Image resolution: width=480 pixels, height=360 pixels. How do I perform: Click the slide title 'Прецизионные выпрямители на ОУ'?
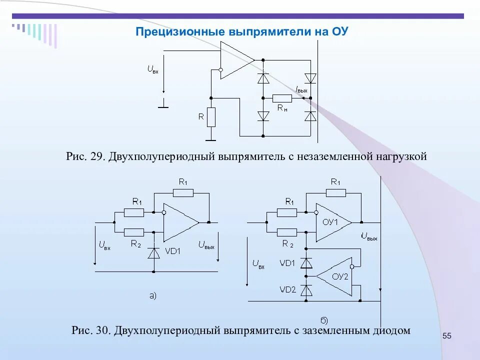[241, 32]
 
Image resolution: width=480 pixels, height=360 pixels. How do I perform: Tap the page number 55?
[447, 335]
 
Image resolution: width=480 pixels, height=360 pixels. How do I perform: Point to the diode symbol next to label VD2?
[306, 290]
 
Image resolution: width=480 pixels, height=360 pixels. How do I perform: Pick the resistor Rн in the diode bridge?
[282, 98]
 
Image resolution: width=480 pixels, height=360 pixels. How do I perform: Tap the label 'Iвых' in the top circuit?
[301, 89]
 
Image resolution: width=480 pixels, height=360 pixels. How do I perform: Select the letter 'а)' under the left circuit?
[153, 295]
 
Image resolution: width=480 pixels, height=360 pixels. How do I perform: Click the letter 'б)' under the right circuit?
[324, 319]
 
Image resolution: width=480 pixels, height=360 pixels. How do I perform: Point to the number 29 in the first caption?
[96, 156]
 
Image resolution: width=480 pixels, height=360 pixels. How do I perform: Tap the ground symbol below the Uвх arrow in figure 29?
[163, 106]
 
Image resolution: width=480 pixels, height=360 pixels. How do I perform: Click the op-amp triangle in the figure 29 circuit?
[236, 60]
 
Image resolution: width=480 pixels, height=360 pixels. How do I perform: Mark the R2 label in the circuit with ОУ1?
[287, 243]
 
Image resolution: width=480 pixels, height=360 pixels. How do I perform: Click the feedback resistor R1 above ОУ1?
[336, 192]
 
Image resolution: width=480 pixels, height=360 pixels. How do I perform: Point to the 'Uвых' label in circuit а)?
[206, 245]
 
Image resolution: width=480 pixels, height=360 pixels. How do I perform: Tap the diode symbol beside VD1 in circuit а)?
[153, 252]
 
